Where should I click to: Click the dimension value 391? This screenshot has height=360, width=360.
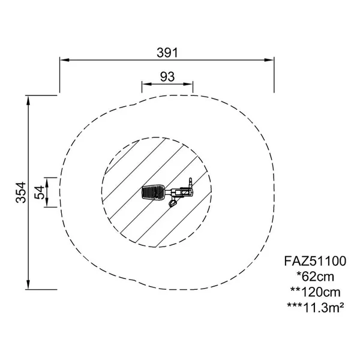click(167, 53)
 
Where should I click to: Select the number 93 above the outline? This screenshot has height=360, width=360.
click(167, 76)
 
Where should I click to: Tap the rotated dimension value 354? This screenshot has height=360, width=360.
click(21, 193)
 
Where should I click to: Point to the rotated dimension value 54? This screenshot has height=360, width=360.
click(39, 193)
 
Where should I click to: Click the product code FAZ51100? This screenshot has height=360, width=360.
click(315, 261)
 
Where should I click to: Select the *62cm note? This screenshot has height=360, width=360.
click(315, 277)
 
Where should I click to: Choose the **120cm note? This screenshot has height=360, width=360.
click(315, 292)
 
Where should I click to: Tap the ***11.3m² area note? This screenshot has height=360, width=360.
click(315, 307)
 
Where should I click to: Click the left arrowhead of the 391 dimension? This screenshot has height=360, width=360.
click(65, 60)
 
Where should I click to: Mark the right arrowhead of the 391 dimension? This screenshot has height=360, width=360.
click(269, 60)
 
